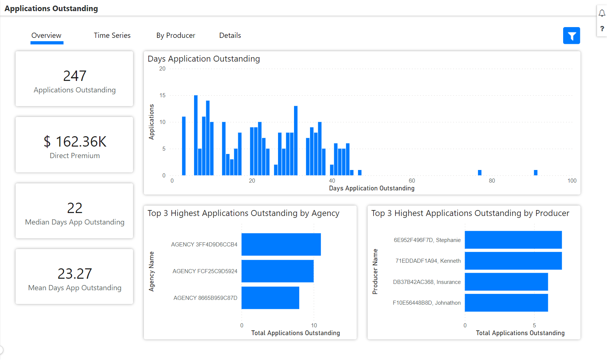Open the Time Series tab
coord(112,36)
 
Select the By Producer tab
coord(175,36)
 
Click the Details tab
coord(230,36)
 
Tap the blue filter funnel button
coord(571,36)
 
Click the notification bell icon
coord(602,13)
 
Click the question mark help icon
coord(602,29)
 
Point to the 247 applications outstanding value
coord(75,76)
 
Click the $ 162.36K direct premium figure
coord(75,142)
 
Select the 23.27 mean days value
coord(75,274)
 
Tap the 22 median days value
coord(75,208)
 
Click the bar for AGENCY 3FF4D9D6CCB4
coord(281,244)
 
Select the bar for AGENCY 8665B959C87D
coord(270,298)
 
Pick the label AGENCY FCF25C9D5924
coord(205,271)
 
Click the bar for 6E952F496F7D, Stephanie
coord(513,240)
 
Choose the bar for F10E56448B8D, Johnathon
coord(506,303)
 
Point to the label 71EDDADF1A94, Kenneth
coord(428,261)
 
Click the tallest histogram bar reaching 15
coord(196,135)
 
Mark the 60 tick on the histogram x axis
coord(412,181)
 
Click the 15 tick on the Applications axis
coord(162,95)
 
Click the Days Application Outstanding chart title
coord(204,59)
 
